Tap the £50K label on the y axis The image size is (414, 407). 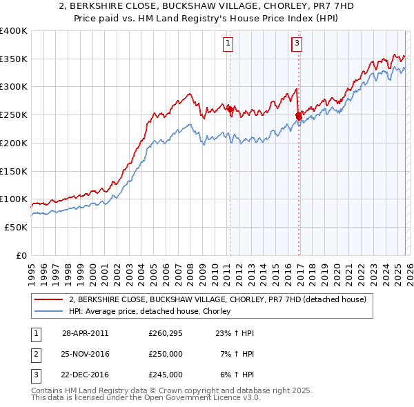tap(16, 227)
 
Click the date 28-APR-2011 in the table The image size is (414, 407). tap(85, 332)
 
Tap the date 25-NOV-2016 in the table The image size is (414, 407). tap(85, 354)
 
